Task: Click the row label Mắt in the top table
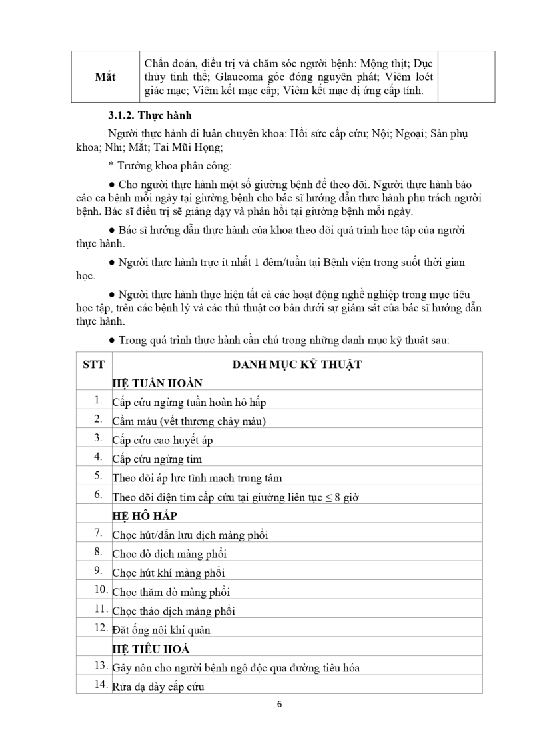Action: point(105,77)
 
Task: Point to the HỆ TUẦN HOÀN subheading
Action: point(157,383)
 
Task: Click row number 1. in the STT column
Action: point(98,400)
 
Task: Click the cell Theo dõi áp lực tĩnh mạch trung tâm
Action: point(197,477)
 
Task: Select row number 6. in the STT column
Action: point(98,495)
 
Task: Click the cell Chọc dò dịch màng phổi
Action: point(170,553)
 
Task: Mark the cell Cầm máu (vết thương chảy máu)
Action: point(190,421)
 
